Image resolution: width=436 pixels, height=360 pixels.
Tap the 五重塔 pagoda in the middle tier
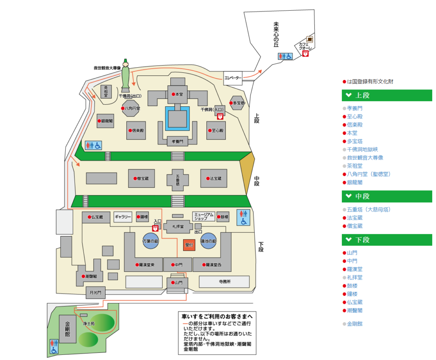178,178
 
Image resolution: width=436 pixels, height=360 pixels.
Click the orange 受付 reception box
189,245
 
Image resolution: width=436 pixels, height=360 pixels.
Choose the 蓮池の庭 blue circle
209,241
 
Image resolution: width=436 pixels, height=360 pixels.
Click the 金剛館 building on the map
67,329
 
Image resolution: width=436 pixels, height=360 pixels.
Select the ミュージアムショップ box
204,217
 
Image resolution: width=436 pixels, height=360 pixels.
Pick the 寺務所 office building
224,282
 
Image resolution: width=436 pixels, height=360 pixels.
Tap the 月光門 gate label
95,292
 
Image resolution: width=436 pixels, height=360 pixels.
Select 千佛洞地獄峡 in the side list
362,149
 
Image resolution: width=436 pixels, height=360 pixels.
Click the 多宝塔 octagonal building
237,103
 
